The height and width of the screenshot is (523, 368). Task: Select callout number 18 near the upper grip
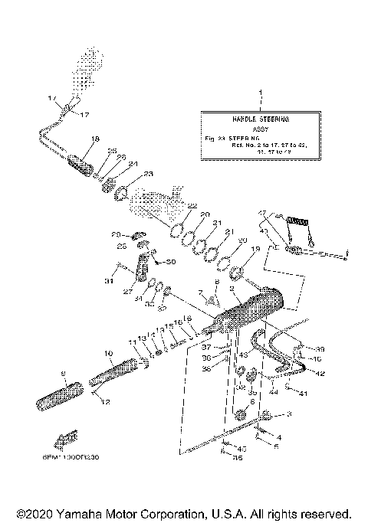[95, 139]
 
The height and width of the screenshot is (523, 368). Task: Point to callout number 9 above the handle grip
[64, 374]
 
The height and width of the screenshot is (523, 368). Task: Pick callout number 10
[108, 355]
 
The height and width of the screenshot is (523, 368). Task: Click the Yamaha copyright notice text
[184, 512]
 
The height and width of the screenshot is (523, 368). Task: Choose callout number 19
[256, 249]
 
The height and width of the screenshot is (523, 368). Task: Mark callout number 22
[192, 206]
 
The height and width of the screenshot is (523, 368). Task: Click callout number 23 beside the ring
[149, 174]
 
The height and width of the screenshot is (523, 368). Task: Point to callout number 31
[108, 282]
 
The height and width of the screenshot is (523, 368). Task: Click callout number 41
[304, 394]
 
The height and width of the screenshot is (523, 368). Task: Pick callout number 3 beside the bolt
[290, 414]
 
